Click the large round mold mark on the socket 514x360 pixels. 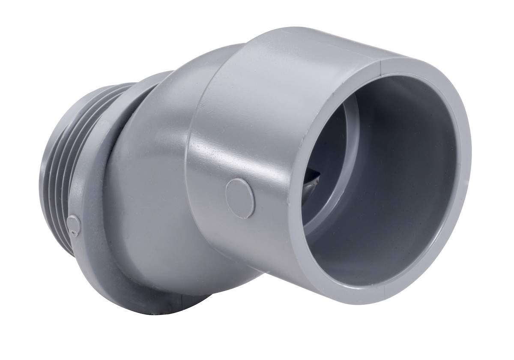[240, 198]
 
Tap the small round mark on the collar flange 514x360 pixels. [74, 225]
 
